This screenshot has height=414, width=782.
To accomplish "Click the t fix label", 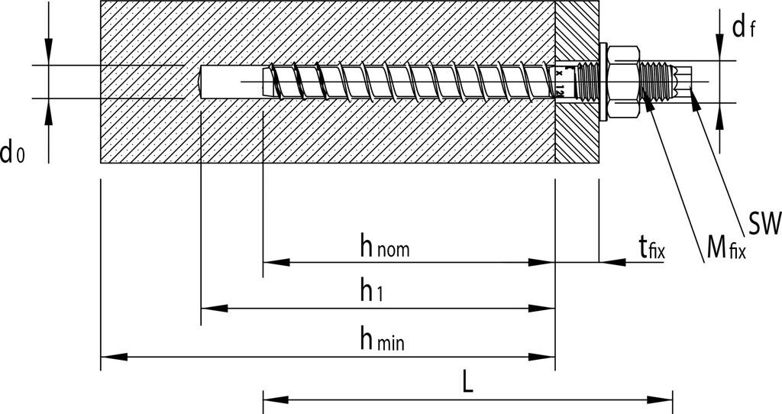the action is (651, 247).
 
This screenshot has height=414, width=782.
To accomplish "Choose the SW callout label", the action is (764, 224).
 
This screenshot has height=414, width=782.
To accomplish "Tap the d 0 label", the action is (12, 154).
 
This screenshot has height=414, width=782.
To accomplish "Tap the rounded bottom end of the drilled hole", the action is (201, 82).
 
